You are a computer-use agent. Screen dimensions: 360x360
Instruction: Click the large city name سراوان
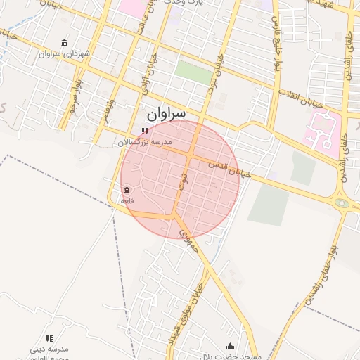point(166,113)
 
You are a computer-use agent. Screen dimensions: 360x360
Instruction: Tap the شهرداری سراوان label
point(65,53)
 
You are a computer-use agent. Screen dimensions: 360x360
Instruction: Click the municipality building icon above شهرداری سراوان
point(65,43)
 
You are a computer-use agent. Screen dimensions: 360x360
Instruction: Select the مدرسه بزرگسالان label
point(143,142)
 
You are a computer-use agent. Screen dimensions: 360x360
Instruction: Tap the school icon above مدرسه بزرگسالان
point(145,131)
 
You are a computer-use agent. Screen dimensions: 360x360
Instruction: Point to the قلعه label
point(127,200)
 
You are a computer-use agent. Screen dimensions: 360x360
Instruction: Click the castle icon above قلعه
point(127,190)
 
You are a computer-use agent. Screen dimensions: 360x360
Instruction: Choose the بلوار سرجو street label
point(74,98)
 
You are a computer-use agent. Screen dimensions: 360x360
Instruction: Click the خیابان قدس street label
point(229,167)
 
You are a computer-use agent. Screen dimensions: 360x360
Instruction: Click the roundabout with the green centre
point(342,203)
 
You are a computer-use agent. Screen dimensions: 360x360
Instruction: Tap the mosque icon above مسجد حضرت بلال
point(231,346)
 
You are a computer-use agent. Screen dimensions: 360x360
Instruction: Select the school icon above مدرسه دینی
point(49,338)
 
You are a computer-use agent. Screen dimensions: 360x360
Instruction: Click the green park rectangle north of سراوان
point(193,72)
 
